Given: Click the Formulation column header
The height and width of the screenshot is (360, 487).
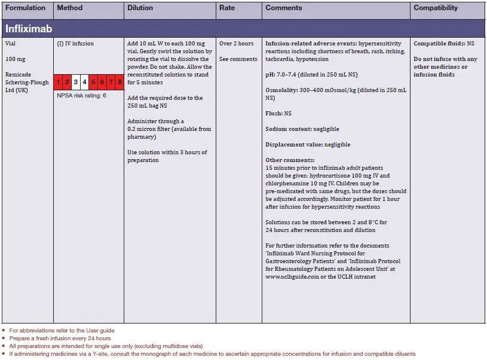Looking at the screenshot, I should coord(25,8).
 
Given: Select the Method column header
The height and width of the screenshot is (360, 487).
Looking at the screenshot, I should coord(70,8).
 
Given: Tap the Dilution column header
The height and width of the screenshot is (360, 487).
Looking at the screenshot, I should coord(140,8).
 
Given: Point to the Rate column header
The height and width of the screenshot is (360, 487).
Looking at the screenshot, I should coord(227,8).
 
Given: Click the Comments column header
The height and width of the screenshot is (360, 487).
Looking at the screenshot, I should coord(284,8).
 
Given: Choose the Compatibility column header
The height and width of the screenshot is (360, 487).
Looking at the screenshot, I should coord(436,8).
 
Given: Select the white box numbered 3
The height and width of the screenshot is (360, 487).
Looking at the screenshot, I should coord(76,82).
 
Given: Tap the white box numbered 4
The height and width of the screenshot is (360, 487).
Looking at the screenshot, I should coord(85,82).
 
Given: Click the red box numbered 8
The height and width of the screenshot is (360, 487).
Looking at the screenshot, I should coord(120,82).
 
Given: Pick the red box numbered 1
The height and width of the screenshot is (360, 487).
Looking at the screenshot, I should coord(59,82).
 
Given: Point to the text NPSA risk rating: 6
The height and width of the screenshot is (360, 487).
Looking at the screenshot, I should coord(82,96).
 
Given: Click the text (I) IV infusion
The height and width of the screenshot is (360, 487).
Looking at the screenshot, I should coord(75,44).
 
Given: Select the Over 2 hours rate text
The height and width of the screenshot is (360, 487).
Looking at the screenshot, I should coord(236,44).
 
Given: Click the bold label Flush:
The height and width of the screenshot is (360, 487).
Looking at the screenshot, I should coord(274,112).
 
